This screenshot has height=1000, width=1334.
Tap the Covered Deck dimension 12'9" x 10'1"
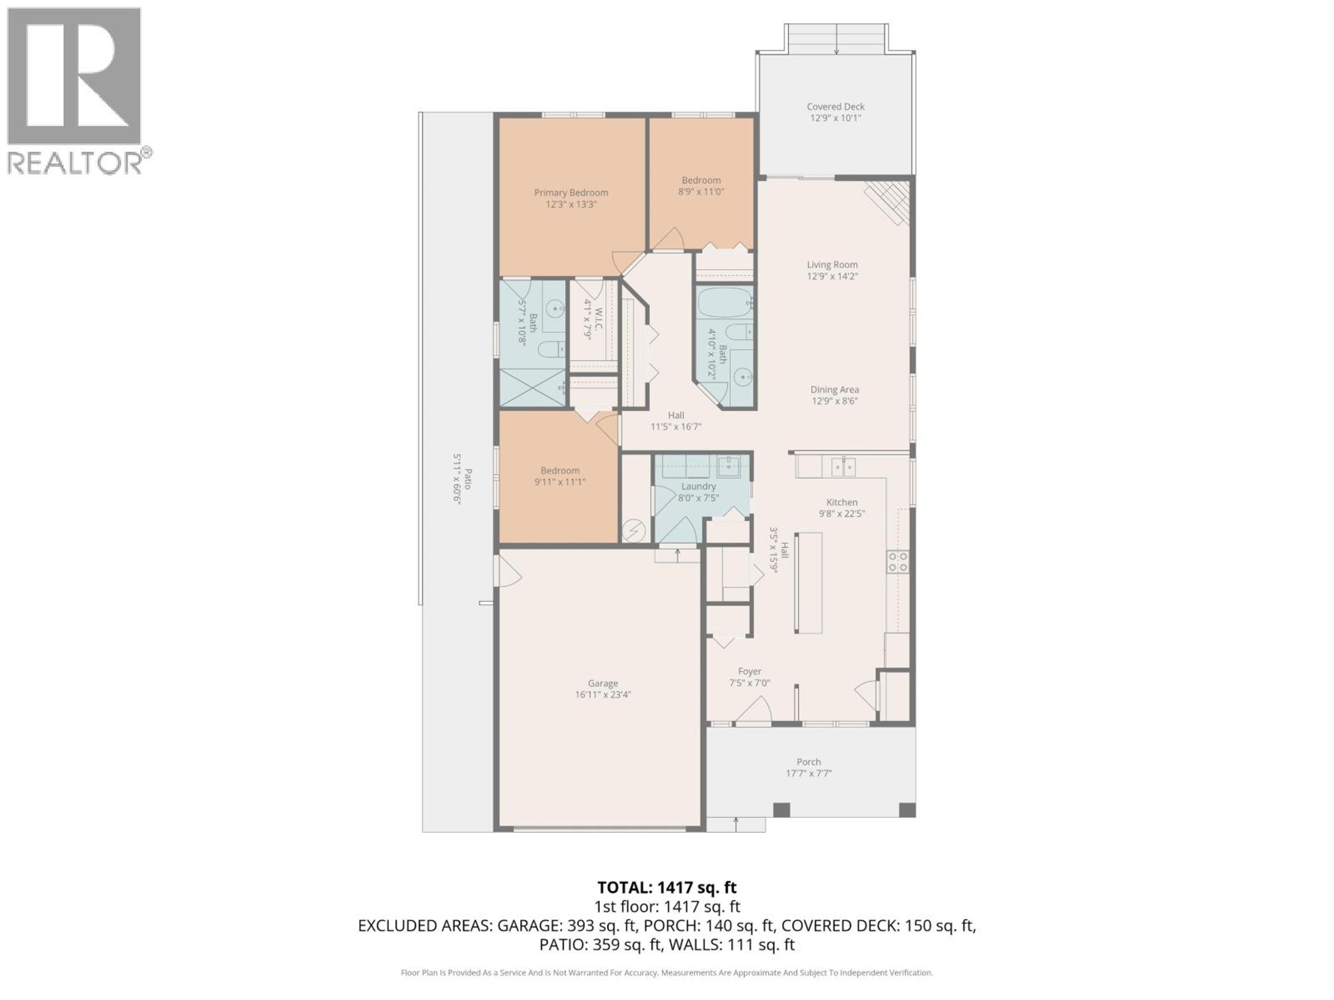(x=835, y=118)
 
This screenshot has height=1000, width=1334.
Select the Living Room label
(x=832, y=265)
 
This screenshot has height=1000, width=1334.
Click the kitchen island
(x=808, y=582)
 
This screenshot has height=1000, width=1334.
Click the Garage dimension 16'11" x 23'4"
(x=603, y=694)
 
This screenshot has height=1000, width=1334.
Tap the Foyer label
(x=750, y=672)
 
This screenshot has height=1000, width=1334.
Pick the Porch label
(x=809, y=762)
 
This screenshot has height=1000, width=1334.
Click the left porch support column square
(x=781, y=809)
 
